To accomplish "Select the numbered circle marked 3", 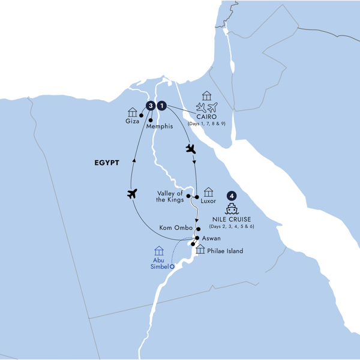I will [x=150, y=106].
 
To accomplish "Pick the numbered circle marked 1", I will [x=161, y=106].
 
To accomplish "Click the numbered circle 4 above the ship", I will [x=232, y=196].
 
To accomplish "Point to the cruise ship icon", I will [x=232, y=208].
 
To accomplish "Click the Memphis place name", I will [x=159, y=127].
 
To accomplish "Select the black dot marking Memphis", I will [x=149, y=120].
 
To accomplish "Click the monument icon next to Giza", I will [x=133, y=112].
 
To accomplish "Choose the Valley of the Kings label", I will [x=170, y=196].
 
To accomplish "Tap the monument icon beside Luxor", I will [x=208, y=192].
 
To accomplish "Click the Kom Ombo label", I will [x=175, y=229].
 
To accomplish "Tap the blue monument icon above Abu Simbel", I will [x=159, y=250].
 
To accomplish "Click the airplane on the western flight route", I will [x=133, y=193].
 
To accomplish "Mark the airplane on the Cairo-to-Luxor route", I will [x=191, y=148].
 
